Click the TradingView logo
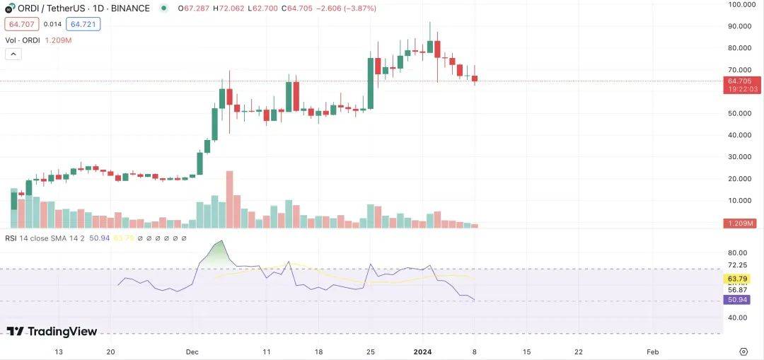(52, 331)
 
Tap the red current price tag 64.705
(741, 81)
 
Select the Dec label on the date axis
(192, 352)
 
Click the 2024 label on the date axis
(422, 352)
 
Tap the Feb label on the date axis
(653, 352)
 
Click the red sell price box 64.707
(19, 24)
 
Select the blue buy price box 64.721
(83, 24)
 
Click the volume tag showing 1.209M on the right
(741, 223)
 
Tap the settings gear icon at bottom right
(743, 352)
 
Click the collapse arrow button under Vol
(12, 54)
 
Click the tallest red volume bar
(229, 199)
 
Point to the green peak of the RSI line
(222, 242)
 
